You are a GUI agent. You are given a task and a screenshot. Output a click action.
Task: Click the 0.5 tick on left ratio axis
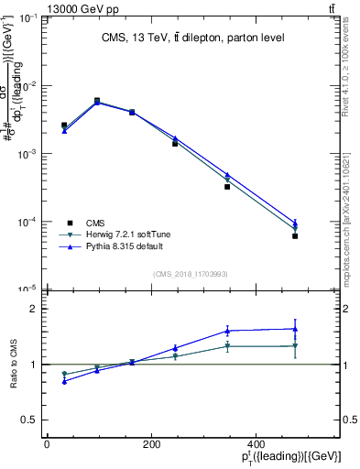coord(30,420)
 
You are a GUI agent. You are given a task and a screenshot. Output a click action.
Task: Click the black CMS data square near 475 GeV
coord(295,236)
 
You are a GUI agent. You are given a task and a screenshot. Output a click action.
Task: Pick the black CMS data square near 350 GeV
coord(227,186)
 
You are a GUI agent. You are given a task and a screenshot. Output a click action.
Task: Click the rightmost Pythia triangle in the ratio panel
coord(295,329)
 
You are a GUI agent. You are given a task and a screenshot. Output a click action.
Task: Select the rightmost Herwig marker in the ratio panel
coord(295,346)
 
